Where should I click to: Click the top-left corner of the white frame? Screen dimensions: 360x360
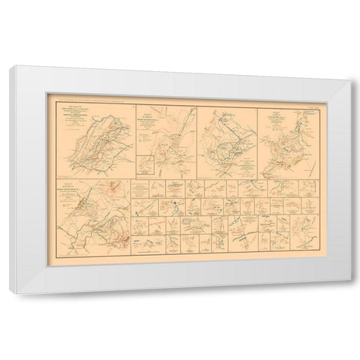coord(10,68)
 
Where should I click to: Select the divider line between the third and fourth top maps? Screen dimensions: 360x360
coord(258,139)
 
